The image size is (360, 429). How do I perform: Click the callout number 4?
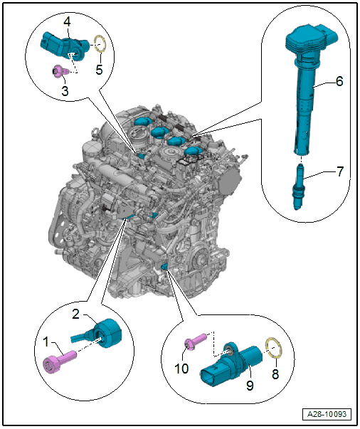[67, 21]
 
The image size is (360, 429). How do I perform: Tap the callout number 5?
[99, 69]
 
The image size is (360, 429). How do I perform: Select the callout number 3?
[65, 90]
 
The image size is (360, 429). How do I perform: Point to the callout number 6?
[339, 81]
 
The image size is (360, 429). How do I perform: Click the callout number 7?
[340, 171]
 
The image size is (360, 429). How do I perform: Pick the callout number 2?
[76, 314]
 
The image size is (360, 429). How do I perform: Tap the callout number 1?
[46, 341]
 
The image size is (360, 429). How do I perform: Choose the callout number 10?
[181, 369]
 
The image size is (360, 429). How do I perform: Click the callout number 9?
[250, 385]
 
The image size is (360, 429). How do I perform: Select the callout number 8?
[275, 374]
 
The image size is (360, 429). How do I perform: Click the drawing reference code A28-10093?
[327, 414]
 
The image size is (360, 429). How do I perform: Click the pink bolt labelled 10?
[195, 340]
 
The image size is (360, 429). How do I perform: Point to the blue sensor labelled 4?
[64, 45]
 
